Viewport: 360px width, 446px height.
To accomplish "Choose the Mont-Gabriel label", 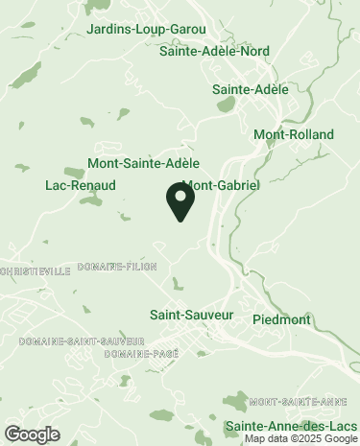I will tap(221, 184).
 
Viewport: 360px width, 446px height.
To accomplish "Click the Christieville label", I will tap(36, 271).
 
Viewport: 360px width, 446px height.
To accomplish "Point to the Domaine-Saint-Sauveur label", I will tap(81, 341).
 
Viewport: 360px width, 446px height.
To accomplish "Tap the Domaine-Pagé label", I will tap(142, 354).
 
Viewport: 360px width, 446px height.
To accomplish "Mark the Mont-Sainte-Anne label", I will tap(297, 401).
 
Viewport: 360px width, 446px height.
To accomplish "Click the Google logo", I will tap(31, 434).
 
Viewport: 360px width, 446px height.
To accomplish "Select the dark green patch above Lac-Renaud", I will tap(75, 171).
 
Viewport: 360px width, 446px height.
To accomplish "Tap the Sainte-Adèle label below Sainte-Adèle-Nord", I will tap(250, 89).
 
